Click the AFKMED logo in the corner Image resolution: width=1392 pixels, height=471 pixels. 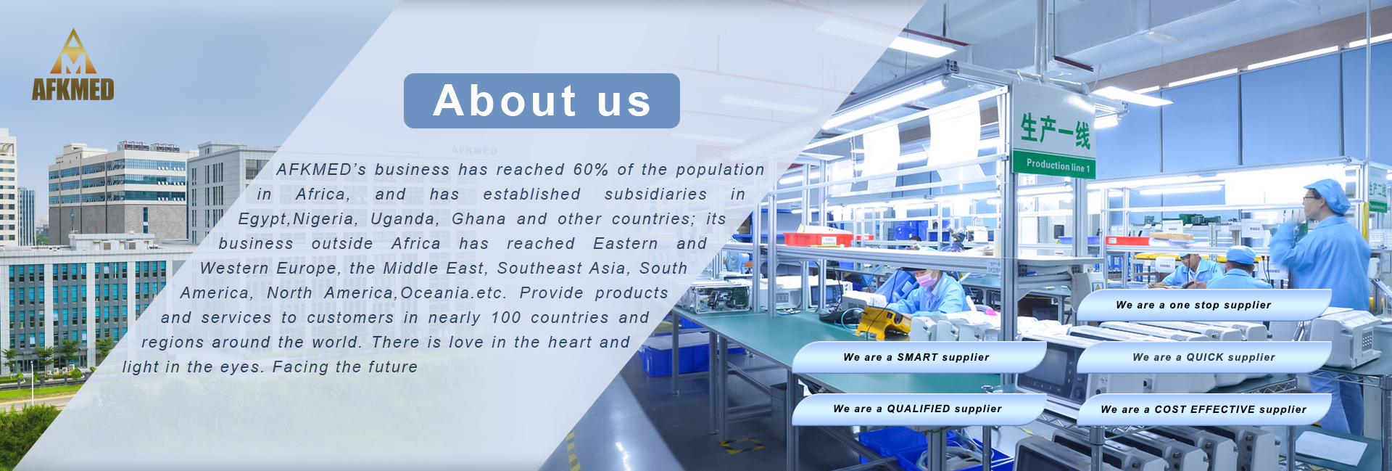[x=72, y=65]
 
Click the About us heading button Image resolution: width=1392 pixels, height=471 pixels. [x=542, y=101]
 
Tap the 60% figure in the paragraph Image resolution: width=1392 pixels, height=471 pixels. [x=591, y=170]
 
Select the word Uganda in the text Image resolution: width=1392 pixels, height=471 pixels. [x=405, y=219]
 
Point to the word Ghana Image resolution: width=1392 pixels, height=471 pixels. [x=478, y=219]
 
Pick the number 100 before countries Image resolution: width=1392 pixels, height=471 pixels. [x=505, y=318]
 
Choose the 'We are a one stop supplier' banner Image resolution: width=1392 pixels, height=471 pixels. [x=1203, y=306]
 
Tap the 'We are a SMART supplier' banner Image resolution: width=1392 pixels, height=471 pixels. [x=919, y=357]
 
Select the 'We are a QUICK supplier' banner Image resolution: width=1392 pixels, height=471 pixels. [x=1203, y=357]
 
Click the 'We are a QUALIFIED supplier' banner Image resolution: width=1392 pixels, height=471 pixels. [x=919, y=409]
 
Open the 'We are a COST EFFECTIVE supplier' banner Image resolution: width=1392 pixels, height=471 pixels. [x=1203, y=409]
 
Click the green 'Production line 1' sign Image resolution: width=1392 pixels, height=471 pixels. [x=1056, y=165]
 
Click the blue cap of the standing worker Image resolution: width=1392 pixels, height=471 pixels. [x=1329, y=192]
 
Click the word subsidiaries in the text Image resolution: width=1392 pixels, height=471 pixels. [x=655, y=194]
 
